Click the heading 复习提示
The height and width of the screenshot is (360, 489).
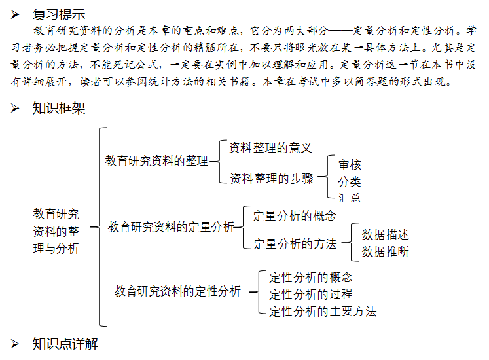[58, 13]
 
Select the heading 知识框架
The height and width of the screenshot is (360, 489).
[58, 108]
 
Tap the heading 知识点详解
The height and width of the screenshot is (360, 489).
[65, 344]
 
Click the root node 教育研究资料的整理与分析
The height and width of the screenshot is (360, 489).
[56, 231]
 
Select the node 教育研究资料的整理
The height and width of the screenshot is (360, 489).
[156, 161]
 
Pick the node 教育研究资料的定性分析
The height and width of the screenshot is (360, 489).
[177, 291]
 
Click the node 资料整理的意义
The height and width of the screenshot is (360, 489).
[270, 148]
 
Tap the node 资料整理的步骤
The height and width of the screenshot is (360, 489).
[272, 178]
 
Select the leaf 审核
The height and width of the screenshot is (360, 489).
[350, 165]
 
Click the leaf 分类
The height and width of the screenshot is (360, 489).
[350, 181]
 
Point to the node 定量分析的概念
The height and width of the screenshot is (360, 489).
[295, 215]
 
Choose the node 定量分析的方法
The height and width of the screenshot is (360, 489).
[295, 244]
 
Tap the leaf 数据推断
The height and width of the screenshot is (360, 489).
[385, 251]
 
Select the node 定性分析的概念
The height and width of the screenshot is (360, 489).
[310, 277]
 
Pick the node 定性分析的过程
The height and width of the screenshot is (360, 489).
[310, 294]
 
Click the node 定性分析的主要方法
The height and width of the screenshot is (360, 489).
[323, 311]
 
